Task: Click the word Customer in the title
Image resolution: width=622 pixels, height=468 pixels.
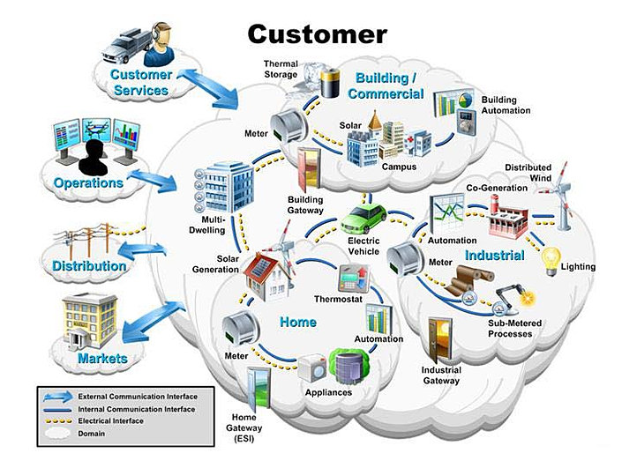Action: tap(317, 34)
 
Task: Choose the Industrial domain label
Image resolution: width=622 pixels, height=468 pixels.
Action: tap(495, 256)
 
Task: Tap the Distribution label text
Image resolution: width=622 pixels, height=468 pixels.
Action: tap(88, 266)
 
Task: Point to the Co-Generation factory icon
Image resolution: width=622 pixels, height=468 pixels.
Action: tap(509, 217)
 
